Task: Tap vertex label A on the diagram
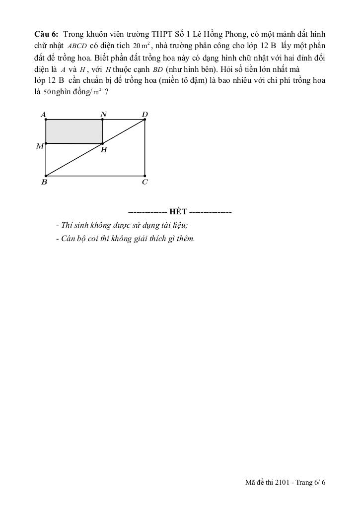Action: [x=44, y=115]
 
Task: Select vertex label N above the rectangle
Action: [x=103, y=115]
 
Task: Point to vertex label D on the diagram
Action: [x=144, y=115]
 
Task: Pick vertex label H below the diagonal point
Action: [x=104, y=150]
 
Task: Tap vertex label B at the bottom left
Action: [x=44, y=182]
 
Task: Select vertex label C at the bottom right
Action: [x=144, y=182]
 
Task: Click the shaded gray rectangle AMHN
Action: [x=74, y=131]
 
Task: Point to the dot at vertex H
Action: [x=103, y=143]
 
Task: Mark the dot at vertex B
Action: [x=46, y=176]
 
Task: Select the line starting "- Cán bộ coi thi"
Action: [x=125, y=239]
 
